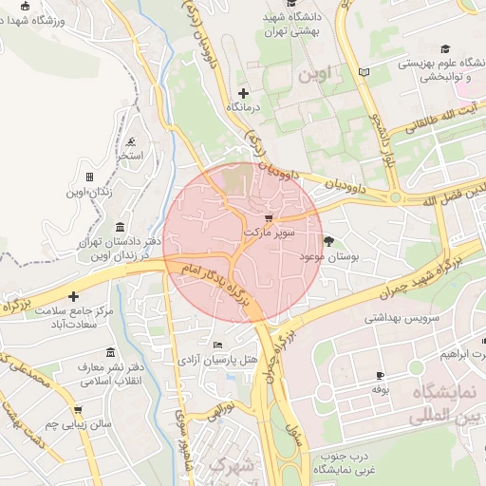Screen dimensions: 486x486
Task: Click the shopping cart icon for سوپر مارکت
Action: click(268, 217)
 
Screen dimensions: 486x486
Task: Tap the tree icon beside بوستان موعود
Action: click(329, 241)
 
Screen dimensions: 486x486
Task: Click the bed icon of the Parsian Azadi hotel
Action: click(217, 345)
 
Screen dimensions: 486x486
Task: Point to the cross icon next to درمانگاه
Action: click(244, 93)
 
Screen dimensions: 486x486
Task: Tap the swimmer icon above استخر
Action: click(130, 141)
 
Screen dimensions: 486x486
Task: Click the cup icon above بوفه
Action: click(381, 376)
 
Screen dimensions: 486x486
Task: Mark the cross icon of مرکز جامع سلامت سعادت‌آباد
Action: click(73, 297)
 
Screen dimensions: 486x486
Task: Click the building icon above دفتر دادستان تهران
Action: click(120, 228)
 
